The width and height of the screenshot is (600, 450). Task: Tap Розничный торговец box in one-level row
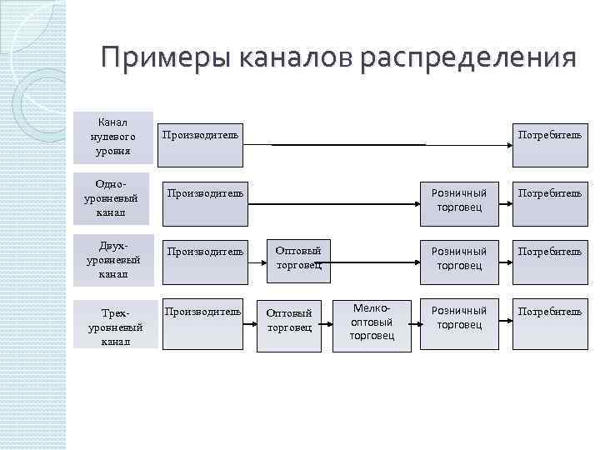click(458, 200)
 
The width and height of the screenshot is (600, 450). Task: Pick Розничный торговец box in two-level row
click(458, 258)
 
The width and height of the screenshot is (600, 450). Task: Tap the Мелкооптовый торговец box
click(372, 321)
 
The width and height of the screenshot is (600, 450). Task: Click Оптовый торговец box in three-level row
click(289, 321)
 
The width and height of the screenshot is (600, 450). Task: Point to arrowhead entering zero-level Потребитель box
click(507, 145)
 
